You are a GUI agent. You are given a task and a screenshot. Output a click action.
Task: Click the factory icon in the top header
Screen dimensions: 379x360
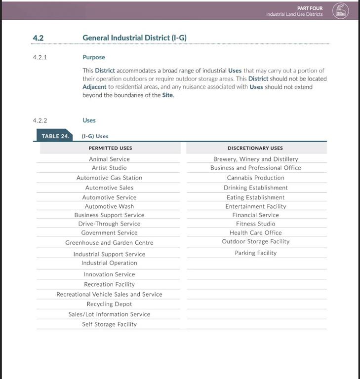click(340, 10)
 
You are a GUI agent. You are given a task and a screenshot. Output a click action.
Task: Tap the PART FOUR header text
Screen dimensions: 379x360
click(310, 8)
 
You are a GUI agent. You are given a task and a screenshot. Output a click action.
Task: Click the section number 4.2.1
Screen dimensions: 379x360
click(40, 57)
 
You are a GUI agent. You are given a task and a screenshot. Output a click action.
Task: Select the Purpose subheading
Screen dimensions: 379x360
click(94, 57)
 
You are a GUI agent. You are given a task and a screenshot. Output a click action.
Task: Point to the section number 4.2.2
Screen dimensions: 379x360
click(40, 120)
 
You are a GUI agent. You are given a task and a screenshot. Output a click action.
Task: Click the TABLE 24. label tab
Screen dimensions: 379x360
click(54, 136)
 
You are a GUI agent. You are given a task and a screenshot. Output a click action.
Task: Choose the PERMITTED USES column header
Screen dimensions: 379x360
click(110, 148)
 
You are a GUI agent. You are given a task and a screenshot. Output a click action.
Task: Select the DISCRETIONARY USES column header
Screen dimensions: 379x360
click(255, 148)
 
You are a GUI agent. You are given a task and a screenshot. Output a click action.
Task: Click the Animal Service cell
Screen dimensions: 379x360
click(109, 159)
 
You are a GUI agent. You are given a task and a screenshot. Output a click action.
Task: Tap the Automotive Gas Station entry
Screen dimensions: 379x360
click(109, 178)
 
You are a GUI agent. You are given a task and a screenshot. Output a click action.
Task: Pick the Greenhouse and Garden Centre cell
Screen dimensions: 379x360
click(109, 243)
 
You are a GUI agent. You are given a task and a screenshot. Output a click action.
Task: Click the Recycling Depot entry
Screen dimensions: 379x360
click(109, 304)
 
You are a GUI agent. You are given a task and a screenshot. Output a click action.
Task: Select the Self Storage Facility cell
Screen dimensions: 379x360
click(109, 324)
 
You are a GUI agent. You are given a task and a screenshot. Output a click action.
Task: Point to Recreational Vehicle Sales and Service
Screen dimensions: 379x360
click(109, 295)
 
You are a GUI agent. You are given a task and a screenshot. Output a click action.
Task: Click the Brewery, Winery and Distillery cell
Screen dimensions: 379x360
click(255, 159)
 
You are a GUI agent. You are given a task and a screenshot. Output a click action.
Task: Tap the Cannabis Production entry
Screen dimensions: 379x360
click(255, 178)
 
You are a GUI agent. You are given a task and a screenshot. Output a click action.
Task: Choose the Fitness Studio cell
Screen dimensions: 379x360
click(255, 224)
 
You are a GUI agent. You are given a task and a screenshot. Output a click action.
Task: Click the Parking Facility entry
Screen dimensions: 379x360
click(255, 253)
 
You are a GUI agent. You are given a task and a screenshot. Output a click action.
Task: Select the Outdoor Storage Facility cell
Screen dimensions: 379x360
click(255, 241)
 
